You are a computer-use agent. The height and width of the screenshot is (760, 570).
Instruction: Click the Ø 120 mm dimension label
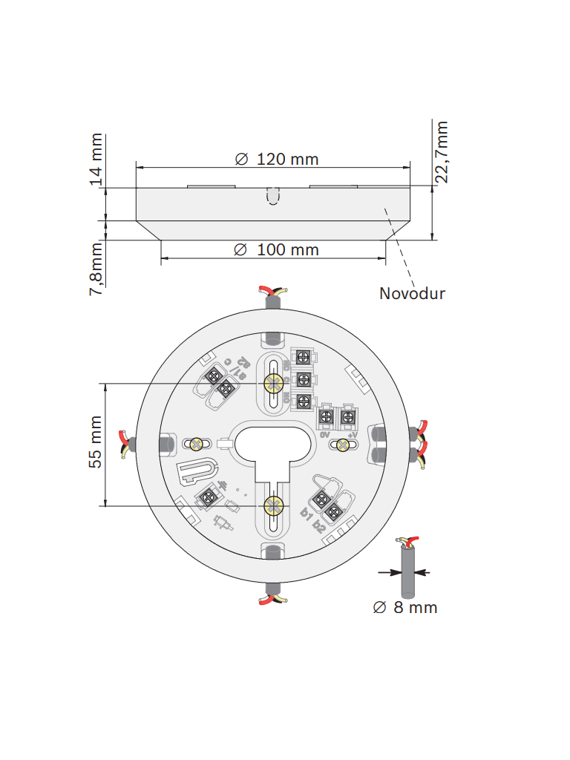pos(276,159)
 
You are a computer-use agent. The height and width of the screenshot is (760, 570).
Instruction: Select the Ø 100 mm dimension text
pos(276,249)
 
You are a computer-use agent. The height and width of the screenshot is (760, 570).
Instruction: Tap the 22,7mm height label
pos(442,151)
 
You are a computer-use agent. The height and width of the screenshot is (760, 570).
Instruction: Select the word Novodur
pos(412,293)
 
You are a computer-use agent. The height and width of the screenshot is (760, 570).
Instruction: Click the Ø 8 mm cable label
pos(405,608)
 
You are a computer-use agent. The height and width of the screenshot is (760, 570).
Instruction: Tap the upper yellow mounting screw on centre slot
pos(273,383)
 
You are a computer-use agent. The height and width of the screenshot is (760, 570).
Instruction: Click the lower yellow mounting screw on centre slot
pos(273,506)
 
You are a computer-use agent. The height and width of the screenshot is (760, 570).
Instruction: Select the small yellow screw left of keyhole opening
pos(197,444)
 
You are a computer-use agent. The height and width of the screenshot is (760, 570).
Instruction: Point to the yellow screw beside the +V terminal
pos(343,445)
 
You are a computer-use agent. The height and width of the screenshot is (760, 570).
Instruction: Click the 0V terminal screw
pos(326,418)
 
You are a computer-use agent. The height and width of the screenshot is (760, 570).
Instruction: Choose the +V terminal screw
pos(346,418)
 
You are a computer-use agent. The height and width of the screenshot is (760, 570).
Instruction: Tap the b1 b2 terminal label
pos(312,519)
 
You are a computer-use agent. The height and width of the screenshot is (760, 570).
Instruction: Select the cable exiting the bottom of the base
pos(272,594)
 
